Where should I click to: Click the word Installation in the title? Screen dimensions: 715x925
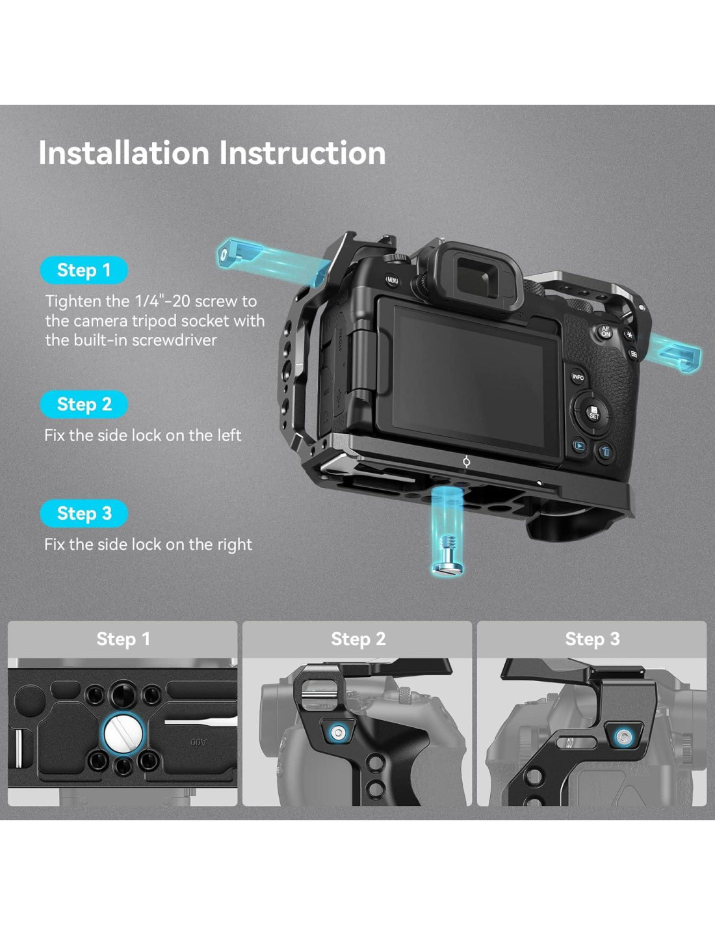point(123,153)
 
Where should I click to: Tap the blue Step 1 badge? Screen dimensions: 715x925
point(84,271)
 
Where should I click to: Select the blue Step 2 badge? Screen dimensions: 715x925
point(84,405)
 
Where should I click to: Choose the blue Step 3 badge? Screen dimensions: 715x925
point(84,513)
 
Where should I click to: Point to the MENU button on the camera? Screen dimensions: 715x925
point(392,280)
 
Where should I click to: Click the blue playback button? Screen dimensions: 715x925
point(579,446)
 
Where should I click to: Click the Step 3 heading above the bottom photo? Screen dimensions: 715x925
point(592,639)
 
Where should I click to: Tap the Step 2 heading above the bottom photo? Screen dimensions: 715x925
point(358,639)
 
